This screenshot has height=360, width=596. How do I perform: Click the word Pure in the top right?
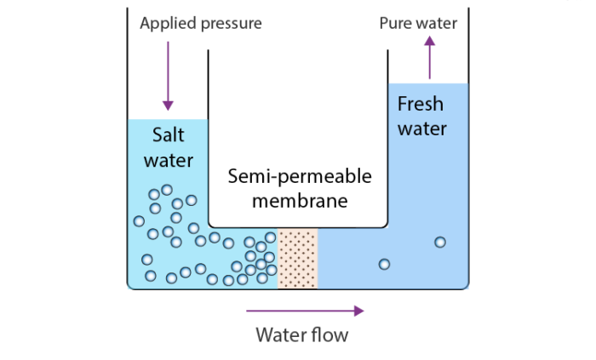tap(397, 23)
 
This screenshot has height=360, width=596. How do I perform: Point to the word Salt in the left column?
tap(168, 134)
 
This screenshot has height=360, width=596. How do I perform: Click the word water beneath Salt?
tap(168, 160)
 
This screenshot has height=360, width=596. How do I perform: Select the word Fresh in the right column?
tap(421, 105)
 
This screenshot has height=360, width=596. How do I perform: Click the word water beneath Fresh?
tap(421, 129)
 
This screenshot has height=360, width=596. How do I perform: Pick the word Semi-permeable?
tap(299, 177)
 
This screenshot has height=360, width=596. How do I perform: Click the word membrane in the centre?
tap(299, 202)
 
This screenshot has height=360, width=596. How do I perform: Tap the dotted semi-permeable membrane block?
tap(297, 258)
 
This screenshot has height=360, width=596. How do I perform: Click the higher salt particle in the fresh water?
tap(439, 242)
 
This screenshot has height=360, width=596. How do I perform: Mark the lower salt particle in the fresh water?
tap(384, 264)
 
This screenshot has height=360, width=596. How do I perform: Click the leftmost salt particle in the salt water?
tap(139, 221)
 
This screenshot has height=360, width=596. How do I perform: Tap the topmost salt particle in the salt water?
tap(167, 190)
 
